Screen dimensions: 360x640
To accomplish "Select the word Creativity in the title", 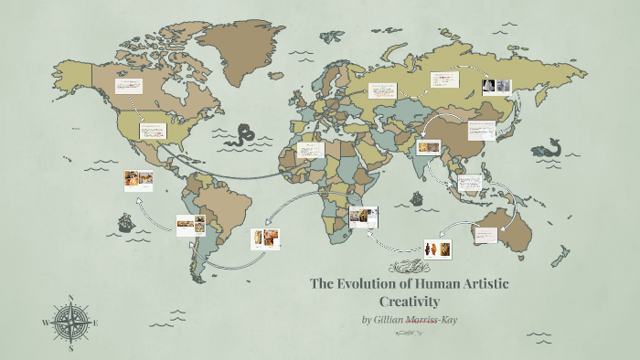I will point(409,301).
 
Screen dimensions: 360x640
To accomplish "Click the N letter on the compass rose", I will point(71,298).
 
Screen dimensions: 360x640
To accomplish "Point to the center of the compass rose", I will point(71,322).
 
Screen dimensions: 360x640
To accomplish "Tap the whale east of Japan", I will point(549,149).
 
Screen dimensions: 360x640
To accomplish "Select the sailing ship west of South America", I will point(123,222).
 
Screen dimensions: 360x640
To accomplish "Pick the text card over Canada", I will point(127,87).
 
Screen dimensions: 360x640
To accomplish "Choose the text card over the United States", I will point(152,131).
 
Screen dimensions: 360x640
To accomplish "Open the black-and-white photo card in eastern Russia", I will point(496,86).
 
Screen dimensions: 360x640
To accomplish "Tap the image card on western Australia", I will point(485,234).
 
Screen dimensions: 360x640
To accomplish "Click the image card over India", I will point(428,146).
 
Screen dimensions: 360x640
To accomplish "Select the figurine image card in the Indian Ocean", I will point(437,248).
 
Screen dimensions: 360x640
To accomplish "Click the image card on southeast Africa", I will point(362,217).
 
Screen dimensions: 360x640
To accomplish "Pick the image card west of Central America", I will point(138,180).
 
